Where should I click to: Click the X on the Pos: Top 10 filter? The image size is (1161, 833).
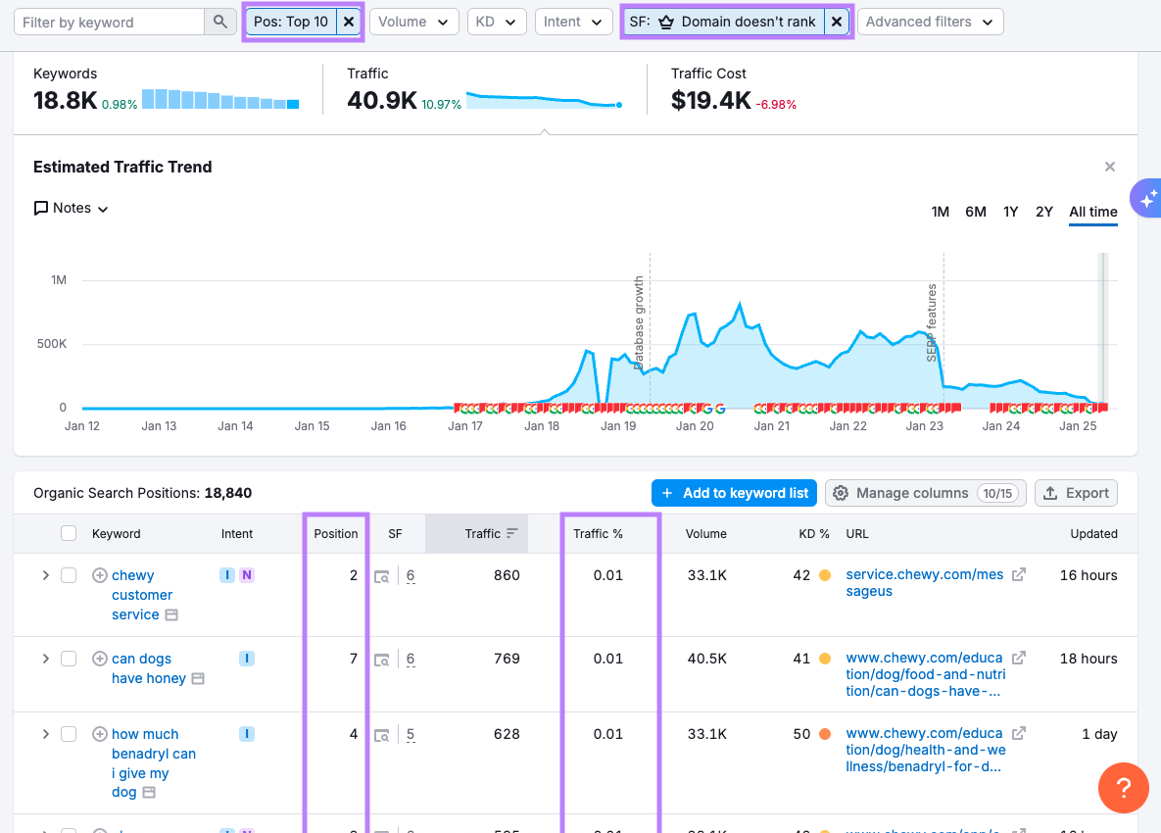(349, 22)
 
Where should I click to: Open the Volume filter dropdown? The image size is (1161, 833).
(414, 22)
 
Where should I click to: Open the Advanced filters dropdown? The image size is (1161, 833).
(930, 22)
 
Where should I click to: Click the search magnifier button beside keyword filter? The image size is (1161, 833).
(220, 22)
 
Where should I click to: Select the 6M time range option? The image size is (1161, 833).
(975, 212)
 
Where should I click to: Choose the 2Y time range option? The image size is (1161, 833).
(1044, 212)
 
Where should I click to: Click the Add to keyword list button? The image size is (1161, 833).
(735, 493)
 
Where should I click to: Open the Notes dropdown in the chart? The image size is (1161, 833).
(72, 208)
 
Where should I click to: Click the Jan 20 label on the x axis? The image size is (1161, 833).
(695, 426)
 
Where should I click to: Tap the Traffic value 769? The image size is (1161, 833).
(507, 659)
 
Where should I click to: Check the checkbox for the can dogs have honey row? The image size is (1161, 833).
(69, 659)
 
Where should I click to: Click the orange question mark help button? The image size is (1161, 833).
(1123, 787)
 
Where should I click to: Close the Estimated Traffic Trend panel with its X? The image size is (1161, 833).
(1110, 167)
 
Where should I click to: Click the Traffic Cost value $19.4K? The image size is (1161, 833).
(710, 100)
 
